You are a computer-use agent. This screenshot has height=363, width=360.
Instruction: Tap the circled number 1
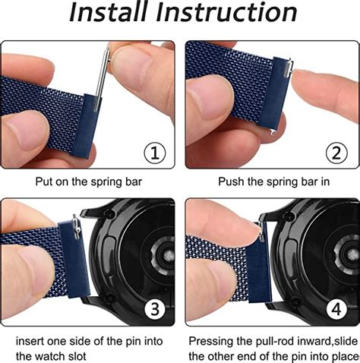tap(156, 152)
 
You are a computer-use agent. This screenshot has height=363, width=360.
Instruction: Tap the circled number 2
tap(336, 152)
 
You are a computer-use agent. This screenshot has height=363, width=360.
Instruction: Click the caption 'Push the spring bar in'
tap(270, 182)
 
